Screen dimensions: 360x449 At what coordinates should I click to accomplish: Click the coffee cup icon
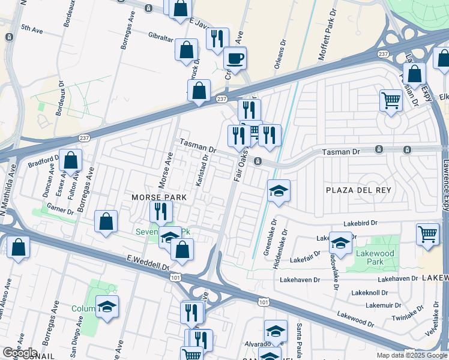[x=235, y=59]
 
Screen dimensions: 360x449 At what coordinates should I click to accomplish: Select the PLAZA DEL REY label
[x=358, y=190]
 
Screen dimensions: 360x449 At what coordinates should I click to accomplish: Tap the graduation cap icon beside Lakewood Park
[x=340, y=243]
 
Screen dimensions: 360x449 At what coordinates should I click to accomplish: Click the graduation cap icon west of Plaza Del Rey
[x=279, y=191]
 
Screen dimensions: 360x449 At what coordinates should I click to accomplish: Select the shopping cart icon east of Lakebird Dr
[x=427, y=233]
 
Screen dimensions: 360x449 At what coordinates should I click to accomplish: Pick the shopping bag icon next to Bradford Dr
[x=71, y=160]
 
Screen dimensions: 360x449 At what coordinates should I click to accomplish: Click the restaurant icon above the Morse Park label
[x=160, y=211]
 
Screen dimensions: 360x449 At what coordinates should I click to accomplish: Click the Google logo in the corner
[x=19, y=353]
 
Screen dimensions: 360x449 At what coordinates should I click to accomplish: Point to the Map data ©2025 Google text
[x=411, y=355]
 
